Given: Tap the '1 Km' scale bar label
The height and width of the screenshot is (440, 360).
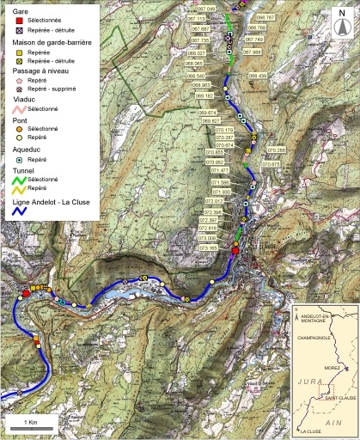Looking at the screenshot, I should coord(29,424).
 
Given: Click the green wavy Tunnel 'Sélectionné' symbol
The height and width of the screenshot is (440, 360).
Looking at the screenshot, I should coord(17,179).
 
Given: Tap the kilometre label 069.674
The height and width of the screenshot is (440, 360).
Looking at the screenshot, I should coord(207,113).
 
